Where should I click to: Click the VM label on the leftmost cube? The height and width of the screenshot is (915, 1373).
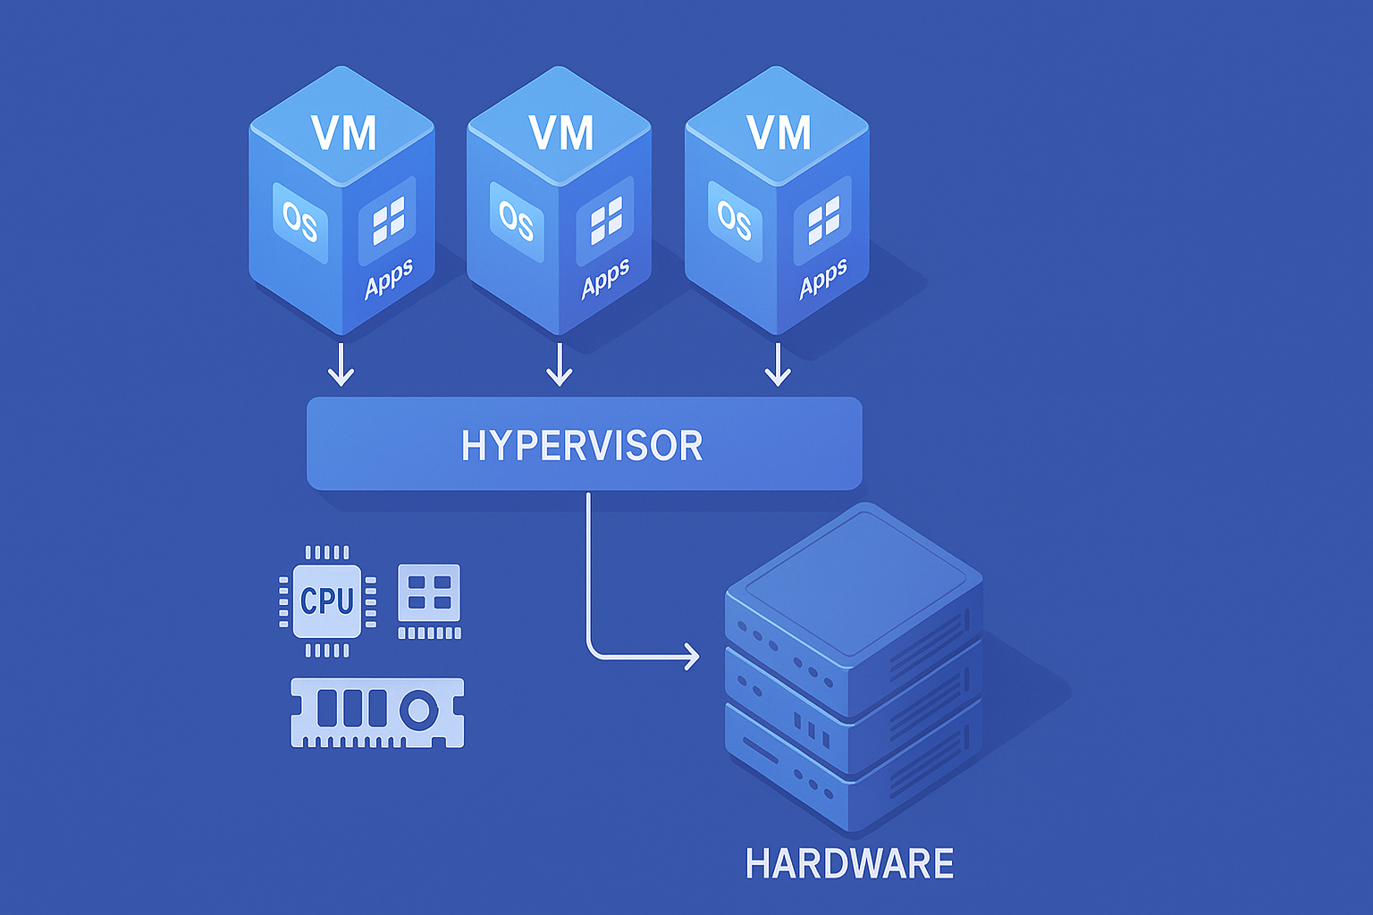344,133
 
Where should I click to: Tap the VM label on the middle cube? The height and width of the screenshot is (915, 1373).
561,133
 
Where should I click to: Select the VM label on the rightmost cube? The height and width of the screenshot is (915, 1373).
779,133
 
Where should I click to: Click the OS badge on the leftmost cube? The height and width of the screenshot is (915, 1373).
299,221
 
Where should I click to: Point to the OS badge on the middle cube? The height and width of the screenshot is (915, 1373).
517,221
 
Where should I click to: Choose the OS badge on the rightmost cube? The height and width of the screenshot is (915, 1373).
735,221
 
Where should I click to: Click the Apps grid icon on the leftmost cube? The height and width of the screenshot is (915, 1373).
388,220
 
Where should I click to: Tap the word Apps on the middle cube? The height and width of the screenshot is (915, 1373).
605,278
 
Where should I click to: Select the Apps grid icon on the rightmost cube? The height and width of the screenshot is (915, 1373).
823,220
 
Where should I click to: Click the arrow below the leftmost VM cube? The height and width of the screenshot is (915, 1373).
341,364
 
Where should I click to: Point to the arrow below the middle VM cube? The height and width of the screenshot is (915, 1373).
560,364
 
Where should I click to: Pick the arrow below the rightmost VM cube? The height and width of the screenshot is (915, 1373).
778,364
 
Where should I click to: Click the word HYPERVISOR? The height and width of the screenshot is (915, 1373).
582,445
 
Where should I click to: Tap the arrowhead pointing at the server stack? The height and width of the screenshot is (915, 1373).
692,657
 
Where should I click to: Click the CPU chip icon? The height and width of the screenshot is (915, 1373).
327,601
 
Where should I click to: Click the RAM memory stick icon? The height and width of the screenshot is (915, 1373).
377,712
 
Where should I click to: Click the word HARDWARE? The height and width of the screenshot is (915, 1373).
849,864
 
